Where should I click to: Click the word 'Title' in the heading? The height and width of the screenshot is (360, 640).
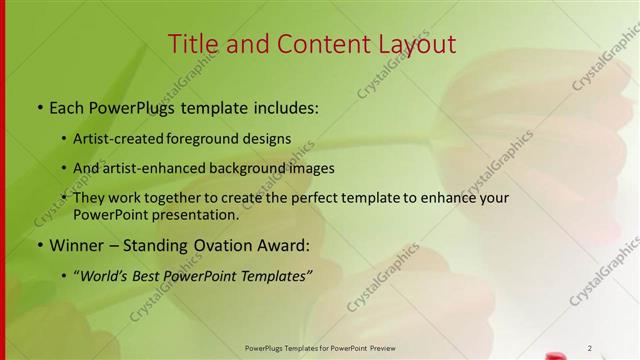[190, 44]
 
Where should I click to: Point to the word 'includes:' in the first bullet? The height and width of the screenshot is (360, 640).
[281, 106]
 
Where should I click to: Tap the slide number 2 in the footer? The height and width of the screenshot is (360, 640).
[590, 347]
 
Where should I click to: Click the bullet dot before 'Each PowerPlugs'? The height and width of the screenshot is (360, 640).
[39, 106]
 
